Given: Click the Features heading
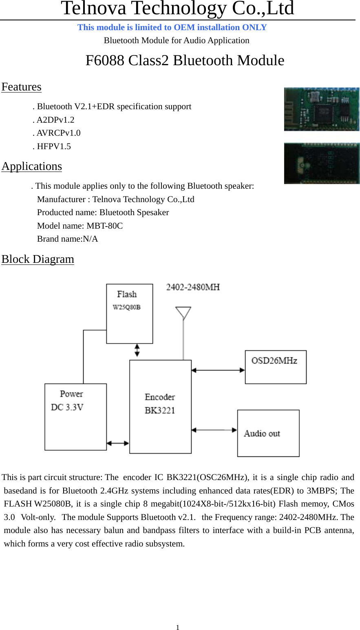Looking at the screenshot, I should pos(21,87).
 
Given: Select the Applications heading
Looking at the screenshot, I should pos(32,167).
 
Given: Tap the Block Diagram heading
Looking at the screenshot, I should pos(38,260).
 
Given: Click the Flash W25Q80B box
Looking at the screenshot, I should pos(129,314).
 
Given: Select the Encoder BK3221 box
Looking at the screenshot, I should pos(160,406).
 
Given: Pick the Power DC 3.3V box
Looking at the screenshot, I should pos(75,416).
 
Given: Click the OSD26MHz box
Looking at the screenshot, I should pos(276,367).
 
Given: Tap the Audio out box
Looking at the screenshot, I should pos(268,433).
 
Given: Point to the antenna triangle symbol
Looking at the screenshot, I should pos(183,313).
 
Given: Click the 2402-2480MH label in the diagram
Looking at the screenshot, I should pos(193,287).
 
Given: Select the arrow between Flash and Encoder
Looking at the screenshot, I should pos(137,350).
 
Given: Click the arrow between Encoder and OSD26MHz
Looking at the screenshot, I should pos(218,370).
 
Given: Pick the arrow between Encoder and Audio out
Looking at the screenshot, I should pos(214,430).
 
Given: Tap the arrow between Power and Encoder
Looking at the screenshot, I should pos(118,443).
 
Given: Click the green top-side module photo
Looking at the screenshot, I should pos(321,109).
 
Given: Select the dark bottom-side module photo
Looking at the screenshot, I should pos(321,163).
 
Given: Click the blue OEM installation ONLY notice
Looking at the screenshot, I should pos(172,27).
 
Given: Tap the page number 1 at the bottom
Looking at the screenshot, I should pos(178,628).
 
